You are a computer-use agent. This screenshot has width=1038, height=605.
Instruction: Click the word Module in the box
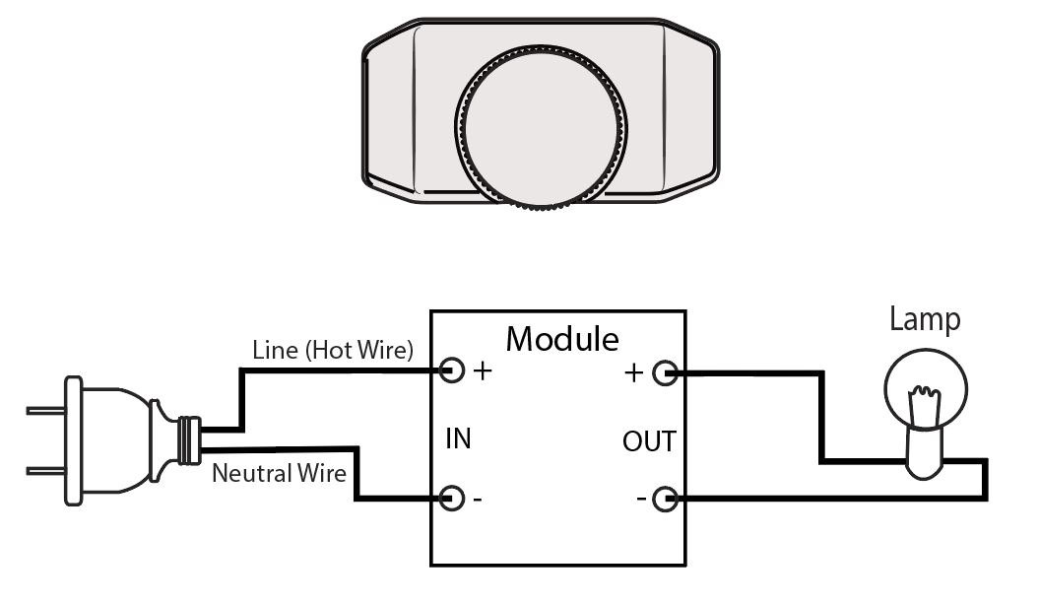[562, 339]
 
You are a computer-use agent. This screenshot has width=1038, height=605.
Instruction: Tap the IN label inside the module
[458, 438]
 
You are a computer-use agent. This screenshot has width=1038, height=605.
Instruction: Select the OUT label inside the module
[649, 440]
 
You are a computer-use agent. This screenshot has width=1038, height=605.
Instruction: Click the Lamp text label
[924, 319]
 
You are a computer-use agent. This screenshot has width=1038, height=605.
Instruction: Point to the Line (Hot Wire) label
[333, 350]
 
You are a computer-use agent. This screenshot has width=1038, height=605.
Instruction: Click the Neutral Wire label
[280, 474]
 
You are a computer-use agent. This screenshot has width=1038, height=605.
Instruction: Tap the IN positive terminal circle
[452, 371]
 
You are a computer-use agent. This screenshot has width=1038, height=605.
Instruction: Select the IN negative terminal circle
[452, 498]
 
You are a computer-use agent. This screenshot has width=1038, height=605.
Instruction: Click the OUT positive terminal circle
[666, 372]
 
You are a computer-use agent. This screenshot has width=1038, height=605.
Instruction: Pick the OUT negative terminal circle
[666, 500]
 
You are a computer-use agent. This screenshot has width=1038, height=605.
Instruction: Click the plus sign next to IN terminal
[483, 372]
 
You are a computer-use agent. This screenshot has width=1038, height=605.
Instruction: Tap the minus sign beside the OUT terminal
[641, 500]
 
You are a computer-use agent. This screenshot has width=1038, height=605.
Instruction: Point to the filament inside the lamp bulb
[923, 406]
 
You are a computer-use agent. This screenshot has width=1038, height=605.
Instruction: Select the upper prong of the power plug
[45, 408]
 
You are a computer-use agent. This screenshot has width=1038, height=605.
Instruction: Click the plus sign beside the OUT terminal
[635, 373]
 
